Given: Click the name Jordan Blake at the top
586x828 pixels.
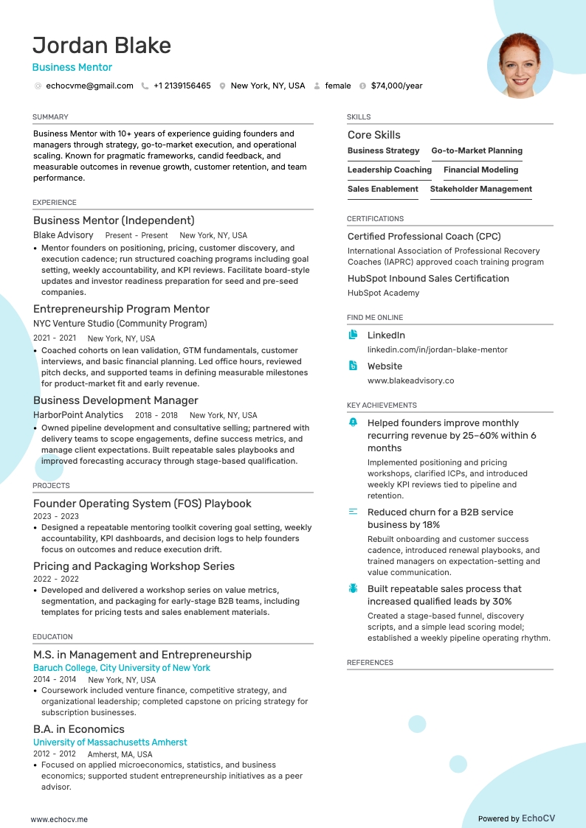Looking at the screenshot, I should [102, 46].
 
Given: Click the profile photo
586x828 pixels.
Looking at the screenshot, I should [520, 66].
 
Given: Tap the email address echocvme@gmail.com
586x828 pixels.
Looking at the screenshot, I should [89, 86].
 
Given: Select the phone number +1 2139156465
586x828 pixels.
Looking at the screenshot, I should [182, 86].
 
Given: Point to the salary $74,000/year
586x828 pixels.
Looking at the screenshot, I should [396, 86].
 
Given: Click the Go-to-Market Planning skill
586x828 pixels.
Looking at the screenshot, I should [477, 150].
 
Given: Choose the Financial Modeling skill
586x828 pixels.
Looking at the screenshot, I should [480, 170].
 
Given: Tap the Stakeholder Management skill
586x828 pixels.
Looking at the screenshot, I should [480, 189].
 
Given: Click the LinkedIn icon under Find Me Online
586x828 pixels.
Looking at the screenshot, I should [353, 335].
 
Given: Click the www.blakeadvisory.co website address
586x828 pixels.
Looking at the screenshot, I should [410, 380].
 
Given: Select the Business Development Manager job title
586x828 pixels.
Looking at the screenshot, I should [115, 400].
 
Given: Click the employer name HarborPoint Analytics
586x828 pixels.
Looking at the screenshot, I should [78, 415].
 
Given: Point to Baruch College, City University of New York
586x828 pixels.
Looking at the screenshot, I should [122, 668].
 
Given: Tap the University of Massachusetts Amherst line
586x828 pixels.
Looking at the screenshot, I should [110, 742].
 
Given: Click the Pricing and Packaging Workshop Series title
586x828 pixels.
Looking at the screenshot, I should [134, 566].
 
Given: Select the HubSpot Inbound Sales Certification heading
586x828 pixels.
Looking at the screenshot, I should [428, 279].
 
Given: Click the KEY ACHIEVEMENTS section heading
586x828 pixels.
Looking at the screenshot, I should [382, 406].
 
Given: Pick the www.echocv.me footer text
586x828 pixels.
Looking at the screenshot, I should [59, 818].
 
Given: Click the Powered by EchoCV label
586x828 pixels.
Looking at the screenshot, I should [516, 818].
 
